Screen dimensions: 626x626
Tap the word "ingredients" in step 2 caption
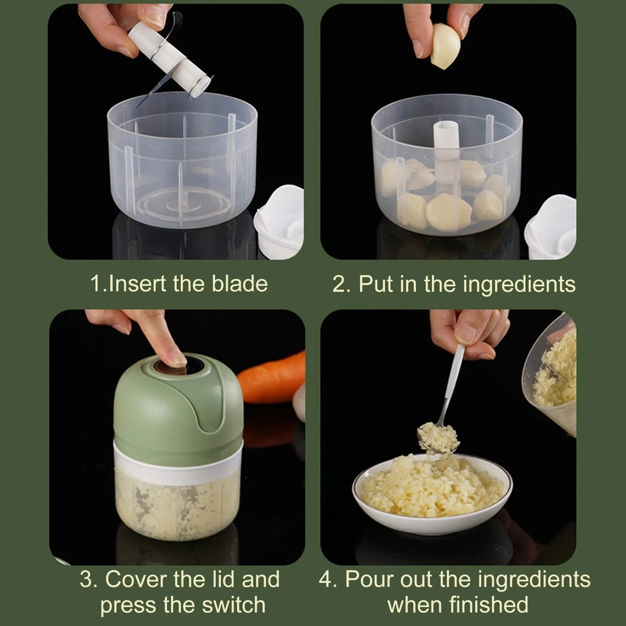(518, 284)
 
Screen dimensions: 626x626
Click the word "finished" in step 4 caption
(489, 605)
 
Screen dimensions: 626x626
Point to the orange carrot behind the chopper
(272, 379)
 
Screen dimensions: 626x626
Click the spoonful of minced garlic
(438, 437)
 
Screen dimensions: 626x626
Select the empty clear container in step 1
(182, 163)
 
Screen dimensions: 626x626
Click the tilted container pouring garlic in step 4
(554, 376)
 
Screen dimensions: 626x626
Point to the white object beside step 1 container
(280, 222)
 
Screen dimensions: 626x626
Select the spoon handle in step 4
(453, 376)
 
